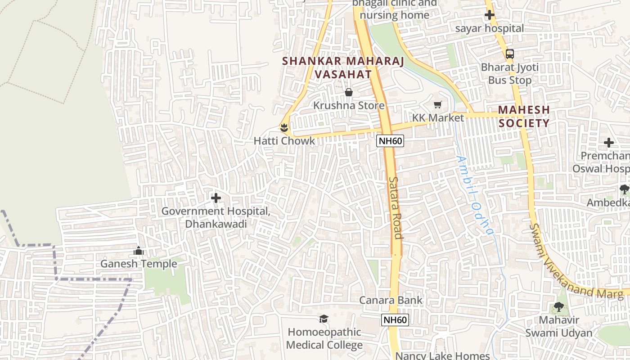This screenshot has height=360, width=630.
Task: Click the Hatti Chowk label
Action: (284, 141)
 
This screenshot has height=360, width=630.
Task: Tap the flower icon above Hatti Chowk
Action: (284, 128)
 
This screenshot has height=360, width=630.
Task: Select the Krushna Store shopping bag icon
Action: (348, 93)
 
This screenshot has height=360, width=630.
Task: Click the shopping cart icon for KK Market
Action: (437, 105)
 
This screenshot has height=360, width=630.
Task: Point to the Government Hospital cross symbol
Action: (216, 198)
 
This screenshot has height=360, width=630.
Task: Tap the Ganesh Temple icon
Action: (139, 251)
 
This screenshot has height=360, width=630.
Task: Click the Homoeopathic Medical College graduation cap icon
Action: (324, 319)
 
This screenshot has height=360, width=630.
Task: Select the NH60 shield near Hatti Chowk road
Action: (390, 141)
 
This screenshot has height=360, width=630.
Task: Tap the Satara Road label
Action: (395, 207)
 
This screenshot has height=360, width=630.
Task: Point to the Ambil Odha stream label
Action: (475, 195)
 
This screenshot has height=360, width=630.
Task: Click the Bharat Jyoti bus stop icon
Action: (509, 54)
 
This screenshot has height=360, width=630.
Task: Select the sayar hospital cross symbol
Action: (489, 15)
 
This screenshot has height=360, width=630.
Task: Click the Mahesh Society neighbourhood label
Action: (524, 116)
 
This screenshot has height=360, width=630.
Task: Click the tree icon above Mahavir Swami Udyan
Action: (558, 307)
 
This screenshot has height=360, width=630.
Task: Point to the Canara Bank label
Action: (391, 300)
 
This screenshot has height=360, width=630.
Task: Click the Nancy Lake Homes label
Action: (442, 355)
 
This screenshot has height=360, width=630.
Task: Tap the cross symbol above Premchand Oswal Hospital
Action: (608, 143)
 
